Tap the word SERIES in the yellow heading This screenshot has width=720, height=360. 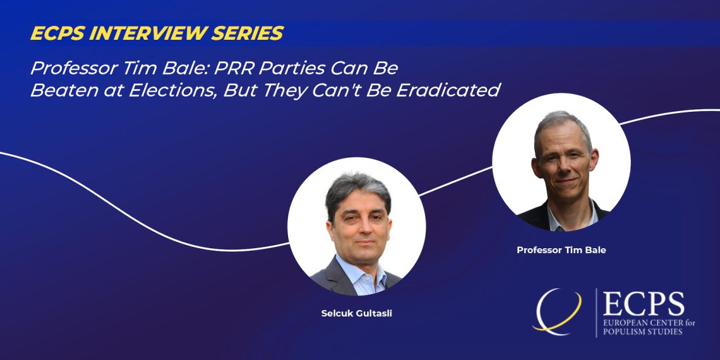point(253,33)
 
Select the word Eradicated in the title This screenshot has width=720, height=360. point(448,90)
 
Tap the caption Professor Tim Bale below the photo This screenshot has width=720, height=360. point(561,250)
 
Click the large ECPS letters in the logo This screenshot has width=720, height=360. point(644,304)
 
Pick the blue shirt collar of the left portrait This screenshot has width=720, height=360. point(361,275)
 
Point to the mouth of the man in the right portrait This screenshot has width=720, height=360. point(566,181)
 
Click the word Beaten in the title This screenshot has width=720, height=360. point(55,90)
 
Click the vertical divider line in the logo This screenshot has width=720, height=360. point(596,313)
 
